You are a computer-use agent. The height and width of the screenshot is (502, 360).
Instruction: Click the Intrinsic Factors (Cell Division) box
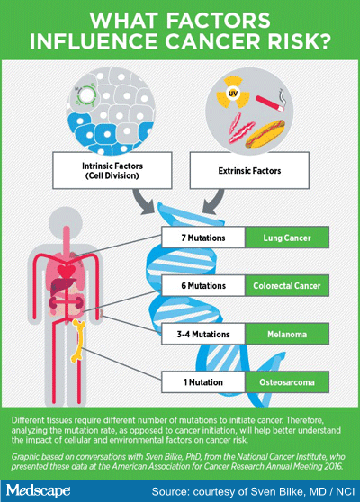click(112, 170)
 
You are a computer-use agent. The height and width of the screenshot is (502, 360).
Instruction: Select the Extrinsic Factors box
click(249, 170)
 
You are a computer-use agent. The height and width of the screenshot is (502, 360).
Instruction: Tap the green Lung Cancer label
click(287, 238)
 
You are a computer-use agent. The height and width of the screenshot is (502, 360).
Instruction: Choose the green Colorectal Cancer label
click(287, 285)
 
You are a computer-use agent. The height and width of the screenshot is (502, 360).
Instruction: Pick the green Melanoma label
click(287, 335)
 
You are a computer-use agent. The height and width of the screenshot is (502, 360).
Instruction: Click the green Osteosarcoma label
click(287, 382)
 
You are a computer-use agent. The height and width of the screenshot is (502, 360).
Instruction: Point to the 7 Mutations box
click(203, 238)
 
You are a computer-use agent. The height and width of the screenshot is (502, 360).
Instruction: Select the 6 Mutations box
click(203, 285)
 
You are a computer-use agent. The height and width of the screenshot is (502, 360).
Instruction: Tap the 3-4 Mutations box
click(203, 335)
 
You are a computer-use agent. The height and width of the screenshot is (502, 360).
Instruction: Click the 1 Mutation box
click(203, 382)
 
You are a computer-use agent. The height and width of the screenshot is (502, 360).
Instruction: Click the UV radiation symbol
click(232, 93)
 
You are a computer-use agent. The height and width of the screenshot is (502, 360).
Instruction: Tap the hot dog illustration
click(265, 134)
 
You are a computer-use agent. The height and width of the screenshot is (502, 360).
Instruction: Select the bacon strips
click(240, 128)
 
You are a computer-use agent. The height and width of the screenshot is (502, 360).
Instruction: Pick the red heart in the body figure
click(67, 272)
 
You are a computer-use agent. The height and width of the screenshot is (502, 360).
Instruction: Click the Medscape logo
click(39, 491)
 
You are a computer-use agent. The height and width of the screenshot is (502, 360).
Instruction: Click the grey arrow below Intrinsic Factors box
click(143, 202)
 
